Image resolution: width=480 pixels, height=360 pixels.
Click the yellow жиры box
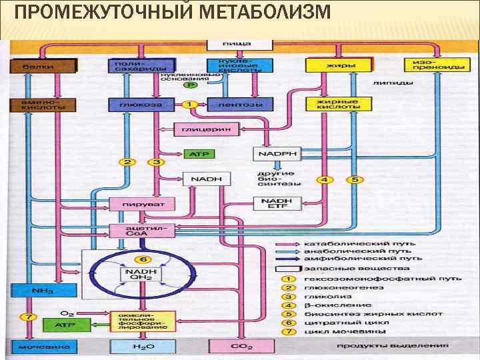pyautogui.click(x=341, y=65)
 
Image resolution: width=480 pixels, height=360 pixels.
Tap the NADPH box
pyautogui.click(x=277, y=154)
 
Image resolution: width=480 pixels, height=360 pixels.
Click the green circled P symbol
pyautogui.click(x=191, y=85)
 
